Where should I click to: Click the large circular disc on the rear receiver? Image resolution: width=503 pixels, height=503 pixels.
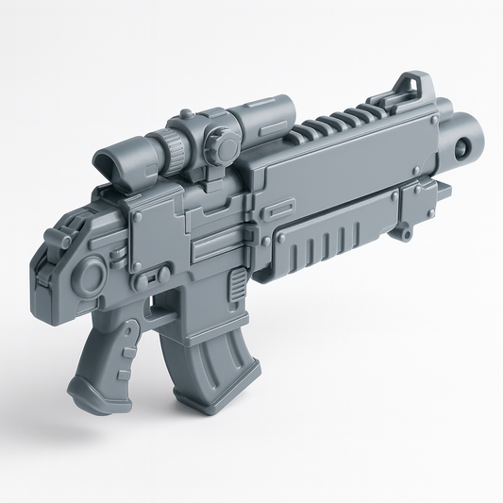point(92,277)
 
